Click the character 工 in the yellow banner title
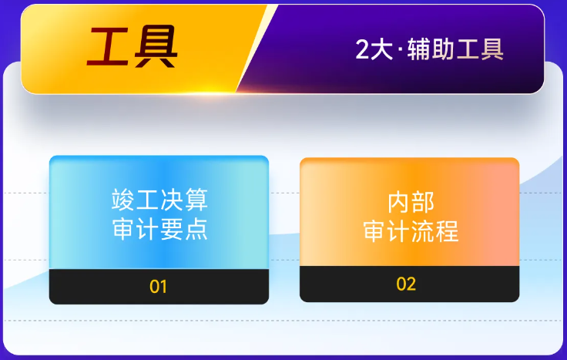106,47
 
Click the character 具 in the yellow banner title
154,47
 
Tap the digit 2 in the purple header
363,50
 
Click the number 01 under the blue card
159,288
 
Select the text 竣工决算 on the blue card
159,201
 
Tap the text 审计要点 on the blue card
159,230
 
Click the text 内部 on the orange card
411,202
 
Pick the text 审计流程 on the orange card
411,230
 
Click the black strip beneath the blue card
92,288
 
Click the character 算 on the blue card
196,201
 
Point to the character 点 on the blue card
196,230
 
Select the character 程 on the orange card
447,230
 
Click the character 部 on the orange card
423,202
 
